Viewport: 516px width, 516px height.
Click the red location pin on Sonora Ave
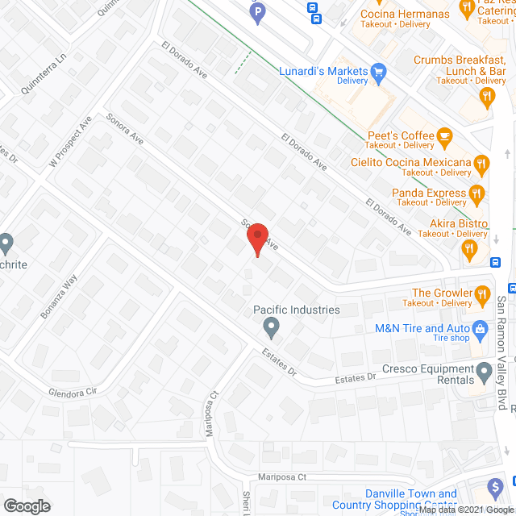[256, 240]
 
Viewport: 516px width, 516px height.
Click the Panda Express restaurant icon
[476, 193]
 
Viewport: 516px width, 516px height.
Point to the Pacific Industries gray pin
[271, 327]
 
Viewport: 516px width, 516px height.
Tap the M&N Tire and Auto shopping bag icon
[480, 329]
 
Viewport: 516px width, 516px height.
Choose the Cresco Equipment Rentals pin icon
[484, 372]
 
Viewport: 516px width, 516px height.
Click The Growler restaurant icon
[483, 293]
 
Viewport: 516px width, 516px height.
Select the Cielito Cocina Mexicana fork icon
[481, 164]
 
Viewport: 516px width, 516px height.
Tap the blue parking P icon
[256, 14]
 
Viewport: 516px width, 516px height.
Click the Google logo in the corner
[26, 506]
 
